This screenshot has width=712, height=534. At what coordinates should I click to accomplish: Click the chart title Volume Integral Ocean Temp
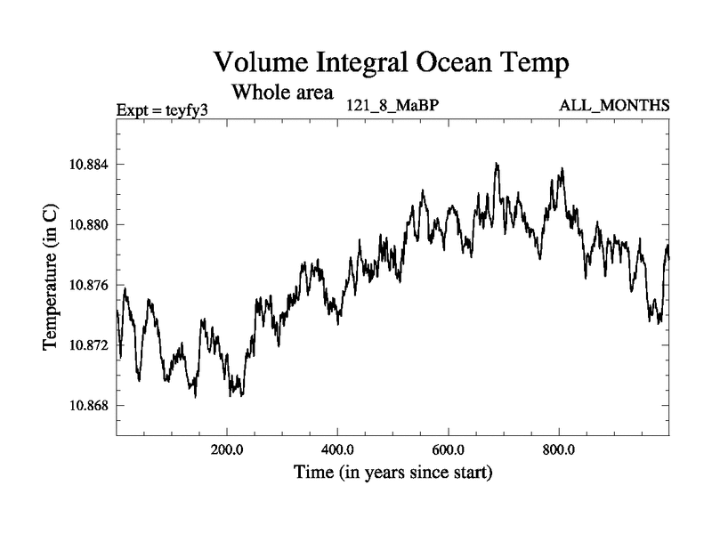pyautogui.click(x=391, y=63)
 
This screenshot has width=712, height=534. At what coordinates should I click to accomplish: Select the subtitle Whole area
pyautogui.click(x=282, y=91)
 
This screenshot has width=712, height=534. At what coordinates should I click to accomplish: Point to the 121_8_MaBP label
pyautogui.click(x=393, y=106)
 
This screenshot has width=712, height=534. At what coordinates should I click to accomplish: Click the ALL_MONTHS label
pyautogui.click(x=614, y=106)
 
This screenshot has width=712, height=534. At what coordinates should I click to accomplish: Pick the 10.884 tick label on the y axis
pyautogui.click(x=85, y=165)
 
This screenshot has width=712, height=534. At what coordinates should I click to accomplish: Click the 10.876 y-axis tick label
pyautogui.click(x=85, y=285)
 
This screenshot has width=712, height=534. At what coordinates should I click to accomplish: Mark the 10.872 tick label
pyautogui.click(x=85, y=345)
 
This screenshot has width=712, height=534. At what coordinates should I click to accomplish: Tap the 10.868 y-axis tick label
pyautogui.click(x=85, y=406)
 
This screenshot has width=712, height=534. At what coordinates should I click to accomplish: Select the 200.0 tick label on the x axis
pyautogui.click(x=227, y=449)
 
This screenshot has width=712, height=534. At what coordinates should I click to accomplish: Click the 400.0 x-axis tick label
pyautogui.click(x=338, y=449)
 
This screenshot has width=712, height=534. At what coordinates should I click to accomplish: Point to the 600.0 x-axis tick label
pyautogui.click(x=449, y=449)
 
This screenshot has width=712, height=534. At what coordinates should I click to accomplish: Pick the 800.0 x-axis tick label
pyautogui.click(x=559, y=449)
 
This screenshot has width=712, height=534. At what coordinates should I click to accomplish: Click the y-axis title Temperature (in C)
pyautogui.click(x=51, y=275)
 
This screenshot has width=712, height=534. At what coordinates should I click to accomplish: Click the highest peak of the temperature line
pyautogui.click(x=497, y=164)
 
